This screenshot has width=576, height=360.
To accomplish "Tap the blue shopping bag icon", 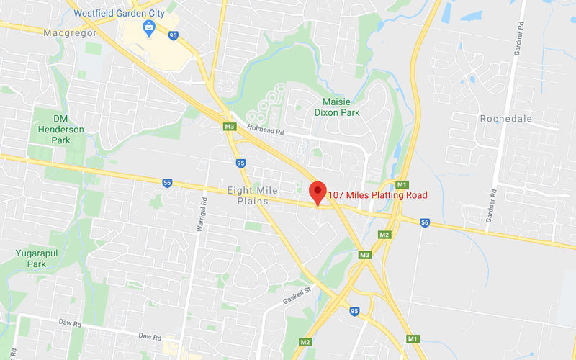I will (x=149, y=28).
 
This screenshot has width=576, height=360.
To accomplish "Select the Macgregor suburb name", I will (x=70, y=33).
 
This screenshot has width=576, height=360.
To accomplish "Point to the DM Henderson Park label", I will (x=59, y=129).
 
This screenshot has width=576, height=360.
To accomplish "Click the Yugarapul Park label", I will (x=32, y=258).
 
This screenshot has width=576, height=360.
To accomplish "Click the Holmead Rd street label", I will (x=266, y=131).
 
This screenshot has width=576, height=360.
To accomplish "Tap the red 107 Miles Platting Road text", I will (x=377, y=195).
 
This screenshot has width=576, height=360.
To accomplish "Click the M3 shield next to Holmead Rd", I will (x=230, y=127).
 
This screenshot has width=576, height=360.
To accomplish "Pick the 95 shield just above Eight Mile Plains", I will (x=240, y=163).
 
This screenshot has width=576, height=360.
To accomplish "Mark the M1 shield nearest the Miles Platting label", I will (x=402, y=185).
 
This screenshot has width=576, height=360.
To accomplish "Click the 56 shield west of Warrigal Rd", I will (x=167, y=183).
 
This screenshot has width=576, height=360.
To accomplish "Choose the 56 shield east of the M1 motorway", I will (x=425, y=222).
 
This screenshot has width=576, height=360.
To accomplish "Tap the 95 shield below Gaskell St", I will (x=354, y=310).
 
